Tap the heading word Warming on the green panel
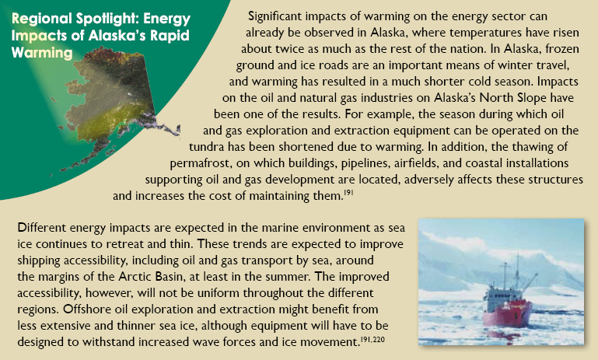[42, 53]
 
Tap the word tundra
[206, 147]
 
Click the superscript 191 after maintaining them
[349, 194]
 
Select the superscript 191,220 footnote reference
[373, 339]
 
